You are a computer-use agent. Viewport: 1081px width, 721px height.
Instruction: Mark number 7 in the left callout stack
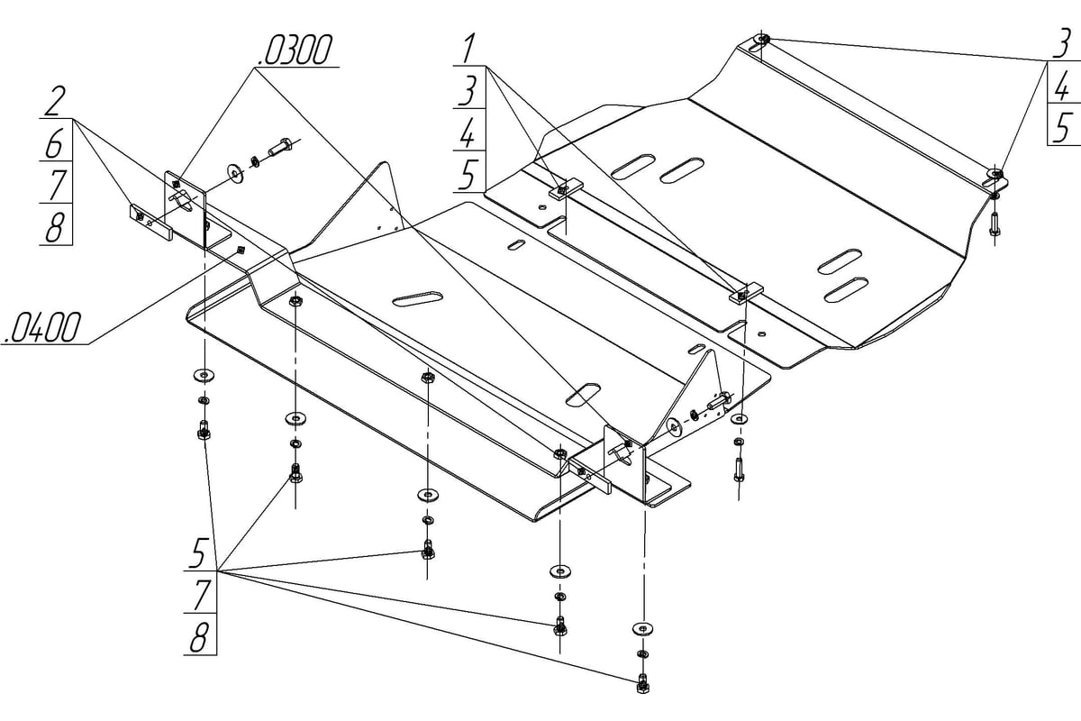pos(54,184)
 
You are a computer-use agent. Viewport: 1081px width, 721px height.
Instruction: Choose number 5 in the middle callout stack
pos(468,173)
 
